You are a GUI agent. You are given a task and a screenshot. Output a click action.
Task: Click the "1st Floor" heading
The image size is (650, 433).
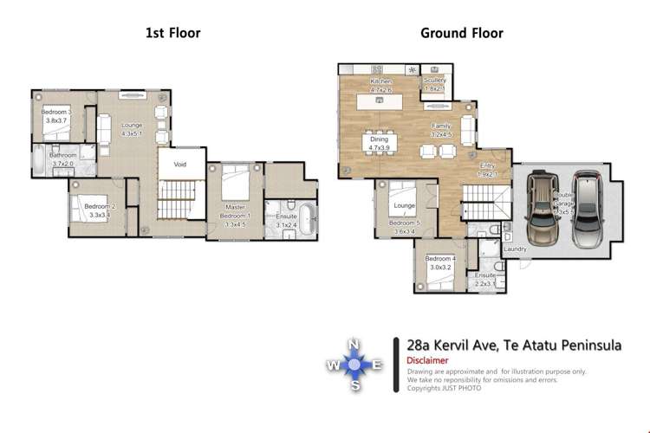172,34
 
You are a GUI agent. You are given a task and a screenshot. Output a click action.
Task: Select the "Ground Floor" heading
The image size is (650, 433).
462,34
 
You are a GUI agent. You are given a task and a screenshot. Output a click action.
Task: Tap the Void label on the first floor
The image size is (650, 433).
180,163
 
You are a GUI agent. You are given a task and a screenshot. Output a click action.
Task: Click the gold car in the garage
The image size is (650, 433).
540,207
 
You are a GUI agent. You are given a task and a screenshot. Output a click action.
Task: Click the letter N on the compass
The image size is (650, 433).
354,345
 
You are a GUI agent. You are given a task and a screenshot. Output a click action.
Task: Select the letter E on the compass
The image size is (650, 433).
377,365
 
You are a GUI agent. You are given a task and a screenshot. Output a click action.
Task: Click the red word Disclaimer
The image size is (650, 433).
427,360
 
